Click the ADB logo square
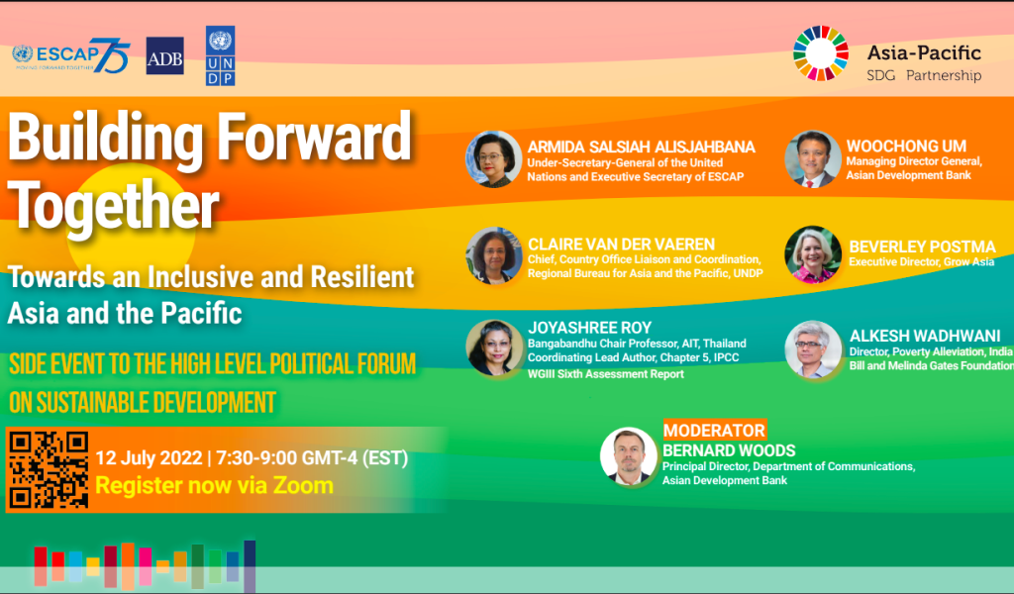(x=165, y=55)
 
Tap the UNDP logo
(x=220, y=55)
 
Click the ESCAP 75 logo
(x=71, y=55)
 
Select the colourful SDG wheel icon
(x=821, y=53)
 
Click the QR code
(x=49, y=470)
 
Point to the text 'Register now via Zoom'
(x=214, y=485)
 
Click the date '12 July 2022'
(x=149, y=457)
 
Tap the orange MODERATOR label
(x=715, y=430)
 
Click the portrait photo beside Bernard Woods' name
(x=629, y=455)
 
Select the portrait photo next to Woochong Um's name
(x=813, y=159)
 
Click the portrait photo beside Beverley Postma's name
(x=813, y=254)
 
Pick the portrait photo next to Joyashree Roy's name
(x=494, y=348)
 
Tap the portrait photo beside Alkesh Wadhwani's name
(x=813, y=349)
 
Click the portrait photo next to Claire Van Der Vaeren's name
(x=494, y=255)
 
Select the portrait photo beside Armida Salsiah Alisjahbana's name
(x=494, y=159)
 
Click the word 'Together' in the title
(x=114, y=206)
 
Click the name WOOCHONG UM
(x=906, y=147)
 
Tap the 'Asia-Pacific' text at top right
(x=924, y=52)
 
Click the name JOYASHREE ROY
(x=590, y=328)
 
